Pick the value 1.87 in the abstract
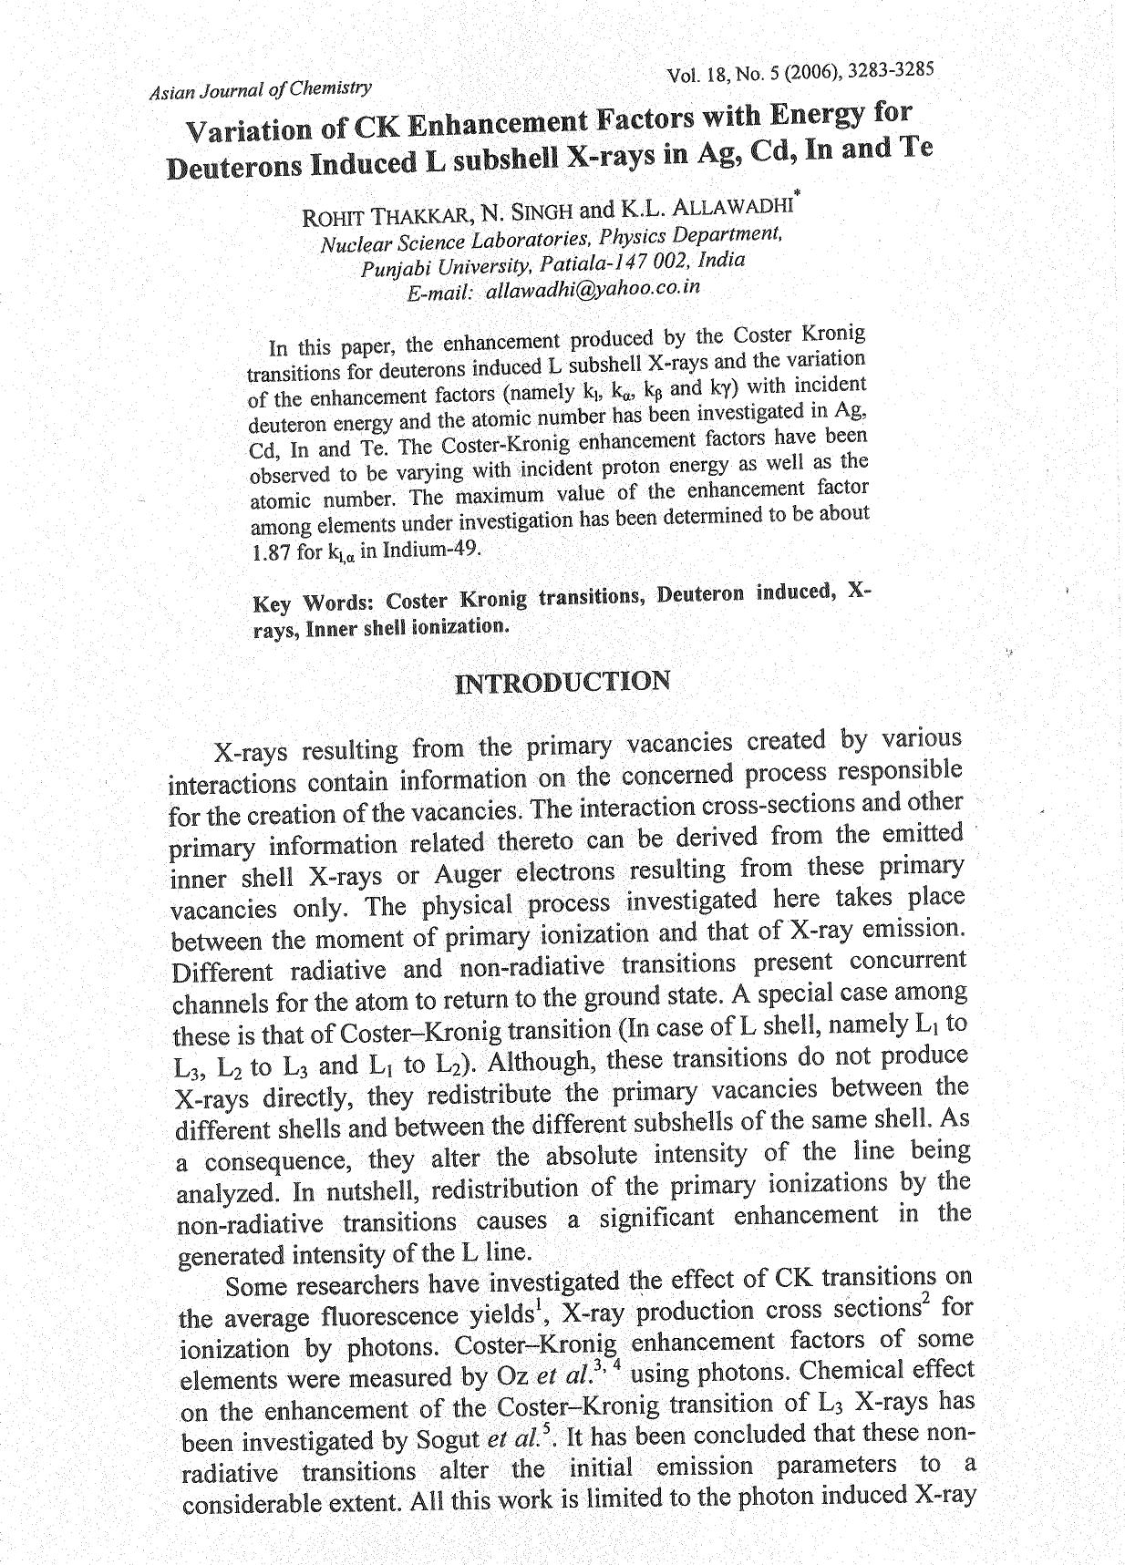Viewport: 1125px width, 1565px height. coord(268,553)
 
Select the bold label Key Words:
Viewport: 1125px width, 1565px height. coord(315,603)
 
